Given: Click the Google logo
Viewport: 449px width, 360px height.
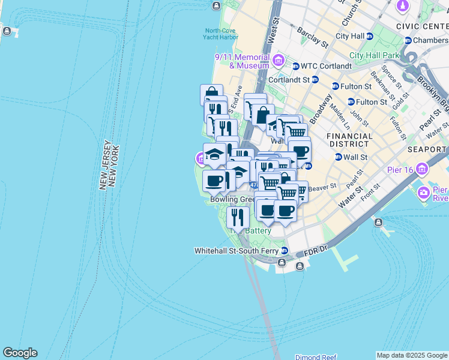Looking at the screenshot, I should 20,353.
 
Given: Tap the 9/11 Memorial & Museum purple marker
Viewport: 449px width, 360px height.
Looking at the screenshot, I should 278,60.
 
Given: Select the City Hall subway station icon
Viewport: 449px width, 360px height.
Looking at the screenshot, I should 369,36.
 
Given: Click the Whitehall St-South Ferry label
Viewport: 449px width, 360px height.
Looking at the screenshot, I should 237,250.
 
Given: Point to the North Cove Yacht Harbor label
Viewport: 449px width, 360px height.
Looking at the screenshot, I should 221,34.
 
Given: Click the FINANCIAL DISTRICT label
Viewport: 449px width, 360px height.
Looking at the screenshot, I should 349,140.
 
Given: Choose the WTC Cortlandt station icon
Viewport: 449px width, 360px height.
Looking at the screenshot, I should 296,66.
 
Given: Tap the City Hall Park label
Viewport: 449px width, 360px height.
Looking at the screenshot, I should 375,55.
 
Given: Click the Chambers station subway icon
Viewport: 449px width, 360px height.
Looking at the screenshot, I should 408,40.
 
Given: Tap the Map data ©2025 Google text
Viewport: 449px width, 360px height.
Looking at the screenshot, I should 412,355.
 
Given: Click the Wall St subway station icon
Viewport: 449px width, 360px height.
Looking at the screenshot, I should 338,157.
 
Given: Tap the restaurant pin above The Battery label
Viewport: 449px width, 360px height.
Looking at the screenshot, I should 238,217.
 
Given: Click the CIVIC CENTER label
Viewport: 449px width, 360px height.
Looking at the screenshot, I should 422,26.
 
